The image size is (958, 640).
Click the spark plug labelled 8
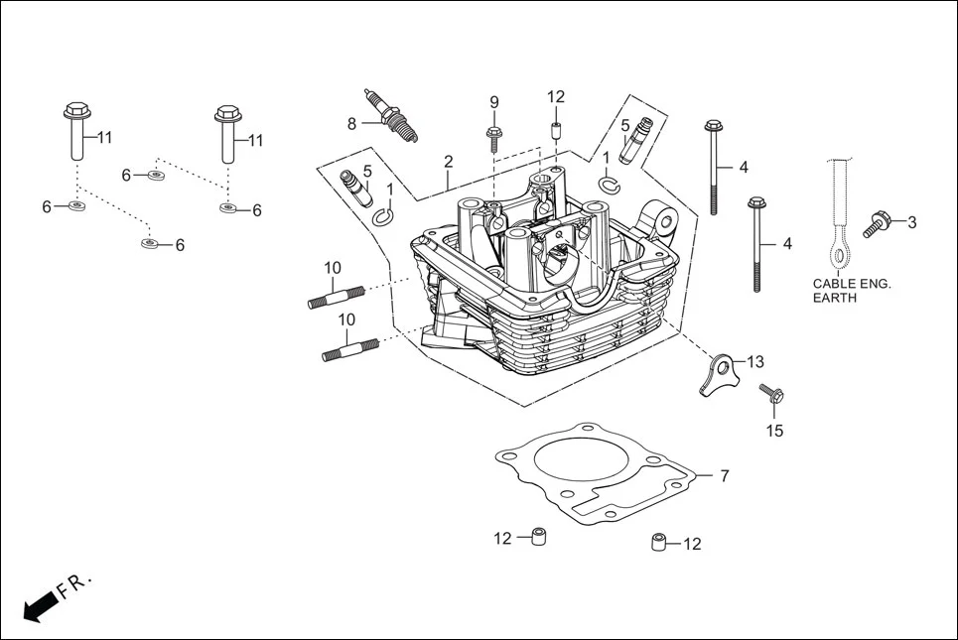pyautogui.click(x=391, y=115)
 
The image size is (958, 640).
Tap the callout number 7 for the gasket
pyautogui.click(x=725, y=476)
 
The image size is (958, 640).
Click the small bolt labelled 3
pyautogui.click(x=876, y=223)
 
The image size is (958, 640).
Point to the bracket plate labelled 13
pyautogui.click(x=720, y=375)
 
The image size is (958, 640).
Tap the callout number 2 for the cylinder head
pyautogui.click(x=449, y=162)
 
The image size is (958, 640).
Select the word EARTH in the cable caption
pyautogui.click(x=834, y=298)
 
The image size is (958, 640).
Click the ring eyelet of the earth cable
pyautogui.click(x=840, y=257)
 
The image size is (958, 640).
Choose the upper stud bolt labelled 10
pyautogui.click(x=338, y=296)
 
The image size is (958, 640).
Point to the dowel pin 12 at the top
pyautogui.click(x=556, y=130)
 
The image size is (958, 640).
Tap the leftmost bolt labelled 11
pyautogui.click(x=77, y=131)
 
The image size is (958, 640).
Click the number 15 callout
pyautogui.click(x=774, y=431)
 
